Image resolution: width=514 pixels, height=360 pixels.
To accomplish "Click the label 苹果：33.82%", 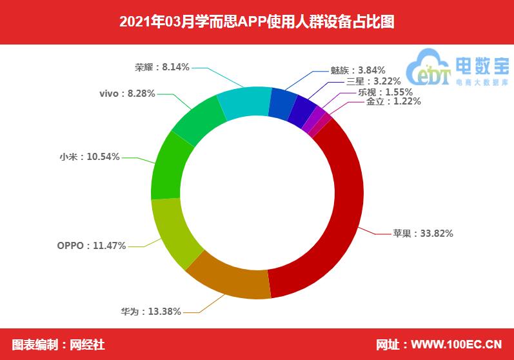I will [423, 234].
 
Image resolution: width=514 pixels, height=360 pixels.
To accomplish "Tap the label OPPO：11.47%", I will [91, 246].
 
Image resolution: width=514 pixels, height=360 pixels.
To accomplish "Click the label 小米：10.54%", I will [89, 157].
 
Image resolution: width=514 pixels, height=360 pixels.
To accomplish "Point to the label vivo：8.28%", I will [127, 94].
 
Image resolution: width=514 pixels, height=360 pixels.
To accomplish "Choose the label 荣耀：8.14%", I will [162, 66].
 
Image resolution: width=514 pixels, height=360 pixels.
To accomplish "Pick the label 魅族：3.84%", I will [357, 70].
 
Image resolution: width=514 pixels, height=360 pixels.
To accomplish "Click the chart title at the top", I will [257, 23].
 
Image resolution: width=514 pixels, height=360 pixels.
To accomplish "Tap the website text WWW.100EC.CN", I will [457, 344].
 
